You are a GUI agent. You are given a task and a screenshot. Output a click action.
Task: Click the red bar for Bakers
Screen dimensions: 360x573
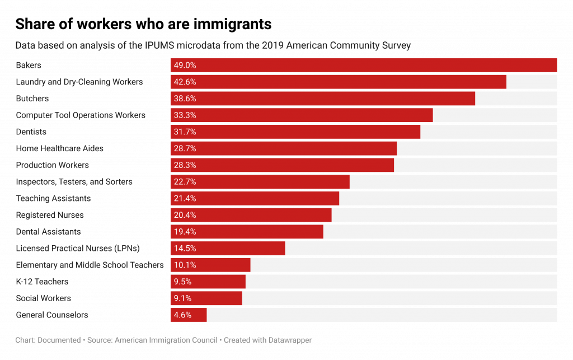tap(364, 66)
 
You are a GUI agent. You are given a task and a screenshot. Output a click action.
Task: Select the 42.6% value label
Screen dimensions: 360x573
tap(185, 82)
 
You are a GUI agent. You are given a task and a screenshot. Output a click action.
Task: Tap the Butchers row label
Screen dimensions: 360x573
tap(32, 99)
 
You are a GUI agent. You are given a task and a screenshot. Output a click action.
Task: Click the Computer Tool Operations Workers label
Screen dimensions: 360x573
tap(81, 115)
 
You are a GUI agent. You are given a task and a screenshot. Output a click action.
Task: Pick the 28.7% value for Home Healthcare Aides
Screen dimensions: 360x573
tap(185, 149)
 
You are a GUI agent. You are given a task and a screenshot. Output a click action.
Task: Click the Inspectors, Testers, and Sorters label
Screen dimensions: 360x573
tap(74, 182)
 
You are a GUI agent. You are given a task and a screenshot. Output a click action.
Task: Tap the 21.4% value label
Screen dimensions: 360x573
tap(185, 199)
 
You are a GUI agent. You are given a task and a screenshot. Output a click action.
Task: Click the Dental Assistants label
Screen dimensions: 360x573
tap(49, 232)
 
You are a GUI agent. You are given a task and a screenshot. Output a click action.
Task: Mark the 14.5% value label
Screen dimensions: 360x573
tap(185, 249)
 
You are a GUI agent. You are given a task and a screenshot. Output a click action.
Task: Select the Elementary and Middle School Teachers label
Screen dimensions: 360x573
tap(90, 265)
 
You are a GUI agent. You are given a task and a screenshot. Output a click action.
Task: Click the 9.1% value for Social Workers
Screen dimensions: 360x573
tap(182, 298)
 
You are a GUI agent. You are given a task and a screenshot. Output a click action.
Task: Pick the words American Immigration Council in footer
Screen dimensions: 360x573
tap(167, 340)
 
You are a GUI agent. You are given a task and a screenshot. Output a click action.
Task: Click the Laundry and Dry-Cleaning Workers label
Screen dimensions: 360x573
tap(79, 82)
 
